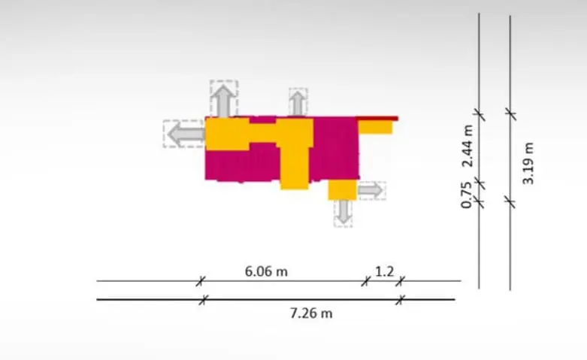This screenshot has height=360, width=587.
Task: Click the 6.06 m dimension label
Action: click(x=266, y=271)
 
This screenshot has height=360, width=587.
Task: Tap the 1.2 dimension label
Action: click(x=385, y=271)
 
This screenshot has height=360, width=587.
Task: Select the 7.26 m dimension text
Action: click(x=311, y=313)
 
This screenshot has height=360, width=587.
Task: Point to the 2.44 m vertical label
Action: click(x=467, y=146)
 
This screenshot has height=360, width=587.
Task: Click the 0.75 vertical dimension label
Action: click(x=467, y=195)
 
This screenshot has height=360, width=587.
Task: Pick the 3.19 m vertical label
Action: click(x=528, y=163)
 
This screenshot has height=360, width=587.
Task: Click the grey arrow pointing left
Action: click(x=186, y=134)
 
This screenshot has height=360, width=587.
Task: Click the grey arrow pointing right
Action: click(x=371, y=190)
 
